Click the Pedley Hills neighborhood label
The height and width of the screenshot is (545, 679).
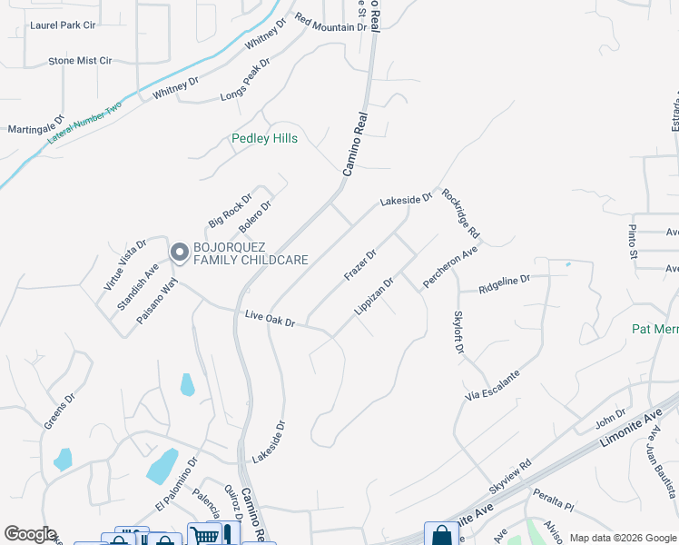264,139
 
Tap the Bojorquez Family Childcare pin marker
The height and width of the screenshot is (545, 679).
179,252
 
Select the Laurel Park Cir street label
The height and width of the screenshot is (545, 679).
63,25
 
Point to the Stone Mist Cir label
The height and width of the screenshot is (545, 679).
80,61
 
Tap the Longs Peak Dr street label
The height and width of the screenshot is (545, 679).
245,80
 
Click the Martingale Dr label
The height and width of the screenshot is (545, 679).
36,124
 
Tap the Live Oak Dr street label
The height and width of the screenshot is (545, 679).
271,318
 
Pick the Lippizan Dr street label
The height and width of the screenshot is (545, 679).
374,296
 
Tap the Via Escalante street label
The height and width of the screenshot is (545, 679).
493,385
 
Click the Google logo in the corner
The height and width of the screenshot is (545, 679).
30,534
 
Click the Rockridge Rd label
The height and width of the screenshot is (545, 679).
460,214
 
